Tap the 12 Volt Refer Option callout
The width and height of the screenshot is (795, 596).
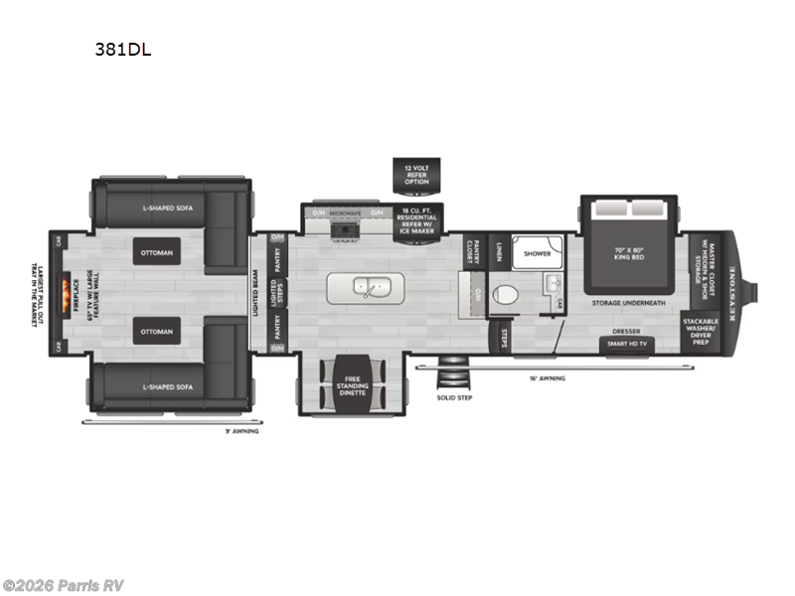pyautogui.click(x=416, y=175)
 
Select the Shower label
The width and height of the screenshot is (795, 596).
pyautogui.click(x=538, y=253)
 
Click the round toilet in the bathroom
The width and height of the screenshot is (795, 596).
pyautogui.click(x=504, y=296)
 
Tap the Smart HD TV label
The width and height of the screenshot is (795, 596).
pyautogui.click(x=626, y=345)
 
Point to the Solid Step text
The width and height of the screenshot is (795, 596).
pyautogui.click(x=453, y=397)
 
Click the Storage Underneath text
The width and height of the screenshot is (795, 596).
pyautogui.click(x=627, y=301)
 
